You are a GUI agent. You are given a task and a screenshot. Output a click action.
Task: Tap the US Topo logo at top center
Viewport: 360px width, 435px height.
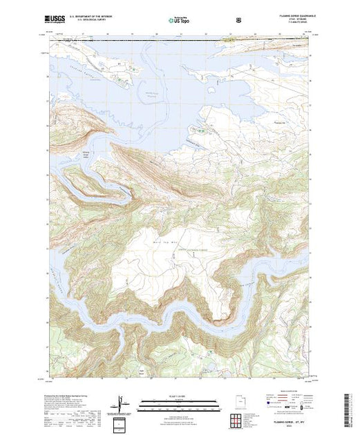pos(180,21)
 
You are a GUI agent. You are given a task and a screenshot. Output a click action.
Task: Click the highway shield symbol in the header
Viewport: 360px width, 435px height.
pos(238,21)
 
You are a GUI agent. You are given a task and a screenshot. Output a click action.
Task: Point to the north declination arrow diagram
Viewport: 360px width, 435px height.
pos(122,402)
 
